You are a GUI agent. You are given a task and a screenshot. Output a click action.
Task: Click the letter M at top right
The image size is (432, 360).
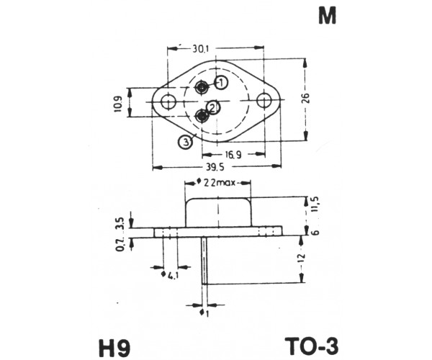pos(328,17)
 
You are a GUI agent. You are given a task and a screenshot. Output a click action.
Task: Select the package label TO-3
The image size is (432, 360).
pos(312,346)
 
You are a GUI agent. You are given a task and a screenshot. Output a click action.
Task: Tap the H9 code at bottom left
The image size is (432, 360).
pos(114,348)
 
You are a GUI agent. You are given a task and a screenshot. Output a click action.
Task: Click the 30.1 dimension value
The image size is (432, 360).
pos(201,49)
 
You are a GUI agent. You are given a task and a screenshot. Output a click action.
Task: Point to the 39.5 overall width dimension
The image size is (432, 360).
pos(215,166)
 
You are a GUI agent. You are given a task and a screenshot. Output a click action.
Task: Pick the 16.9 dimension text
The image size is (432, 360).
pos(233,155)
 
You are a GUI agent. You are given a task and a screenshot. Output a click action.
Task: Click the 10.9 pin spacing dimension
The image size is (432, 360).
pos(117,104)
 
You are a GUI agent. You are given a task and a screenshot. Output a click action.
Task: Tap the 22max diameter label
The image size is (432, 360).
pos(217,182)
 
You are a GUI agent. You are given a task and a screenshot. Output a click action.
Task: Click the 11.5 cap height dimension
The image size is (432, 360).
pos(315,204)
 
